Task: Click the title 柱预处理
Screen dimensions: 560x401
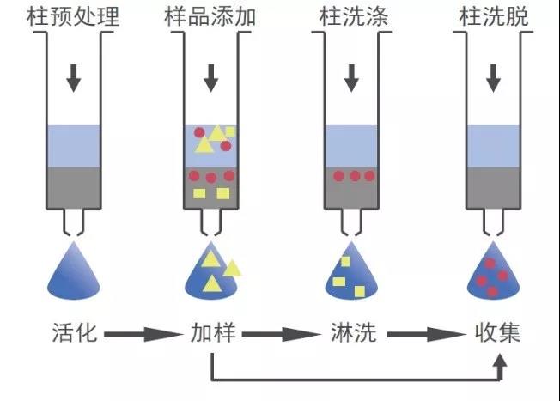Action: [73, 16]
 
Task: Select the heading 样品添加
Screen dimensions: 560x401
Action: [210, 16]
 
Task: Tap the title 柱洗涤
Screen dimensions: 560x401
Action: [354, 16]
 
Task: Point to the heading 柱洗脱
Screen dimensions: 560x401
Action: [493, 16]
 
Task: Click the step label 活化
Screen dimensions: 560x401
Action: [75, 333]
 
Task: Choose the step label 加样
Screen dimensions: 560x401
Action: [213, 333]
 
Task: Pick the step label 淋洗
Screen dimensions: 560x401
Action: [354, 333]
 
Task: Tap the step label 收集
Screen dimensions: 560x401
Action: [497, 333]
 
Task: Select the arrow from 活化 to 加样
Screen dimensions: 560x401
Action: [143, 335]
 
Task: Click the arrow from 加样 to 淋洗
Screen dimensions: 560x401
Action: [282, 335]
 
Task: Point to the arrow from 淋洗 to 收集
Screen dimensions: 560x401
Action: [427, 335]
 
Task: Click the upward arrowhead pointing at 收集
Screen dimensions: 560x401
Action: [500, 361]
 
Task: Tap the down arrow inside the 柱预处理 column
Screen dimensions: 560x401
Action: [74, 78]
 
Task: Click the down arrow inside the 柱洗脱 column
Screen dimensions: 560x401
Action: [493, 78]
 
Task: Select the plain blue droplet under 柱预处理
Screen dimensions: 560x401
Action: [74, 273]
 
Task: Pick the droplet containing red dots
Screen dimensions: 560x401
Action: [493, 273]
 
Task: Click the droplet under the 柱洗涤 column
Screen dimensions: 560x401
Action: [351, 273]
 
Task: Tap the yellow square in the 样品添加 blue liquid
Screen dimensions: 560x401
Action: [230, 131]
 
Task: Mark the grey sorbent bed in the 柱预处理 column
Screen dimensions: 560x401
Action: [74, 187]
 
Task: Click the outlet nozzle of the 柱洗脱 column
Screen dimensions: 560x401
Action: [493, 222]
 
